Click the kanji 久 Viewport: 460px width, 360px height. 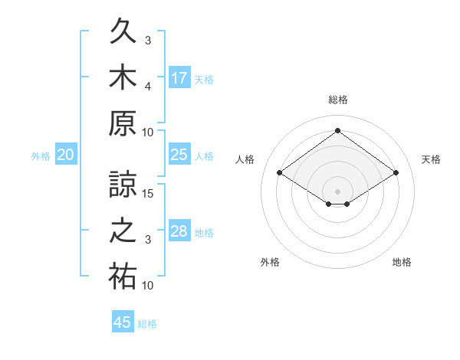click(x=123, y=31)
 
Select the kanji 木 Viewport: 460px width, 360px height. click(x=123, y=77)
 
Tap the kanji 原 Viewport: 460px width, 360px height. click(x=123, y=123)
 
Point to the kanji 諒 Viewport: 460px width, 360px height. click(x=123, y=184)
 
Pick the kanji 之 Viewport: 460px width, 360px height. click(x=123, y=231)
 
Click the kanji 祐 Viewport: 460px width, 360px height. click(x=123, y=277)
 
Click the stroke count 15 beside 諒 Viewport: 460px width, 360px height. click(x=147, y=194)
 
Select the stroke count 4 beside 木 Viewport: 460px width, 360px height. click(x=148, y=87)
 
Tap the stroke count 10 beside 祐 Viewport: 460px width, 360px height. click(x=147, y=285)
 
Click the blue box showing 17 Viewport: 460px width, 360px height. click(x=179, y=77)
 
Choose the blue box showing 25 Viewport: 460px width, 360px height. click(x=179, y=154)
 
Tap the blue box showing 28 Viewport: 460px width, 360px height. click(x=179, y=230)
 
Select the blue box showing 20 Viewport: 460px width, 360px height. click(x=66, y=154)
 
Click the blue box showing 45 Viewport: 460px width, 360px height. click(x=123, y=321)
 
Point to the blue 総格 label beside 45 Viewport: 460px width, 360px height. click(x=147, y=324)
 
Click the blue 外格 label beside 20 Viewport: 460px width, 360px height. click(x=41, y=156)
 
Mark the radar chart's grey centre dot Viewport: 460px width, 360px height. click(x=337, y=191)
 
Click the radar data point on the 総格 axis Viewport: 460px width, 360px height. click(x=337, y=130)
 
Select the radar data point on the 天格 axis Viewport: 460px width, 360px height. click(x=396, y=172)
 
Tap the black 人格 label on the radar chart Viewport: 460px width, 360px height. click(x=245, y=159)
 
